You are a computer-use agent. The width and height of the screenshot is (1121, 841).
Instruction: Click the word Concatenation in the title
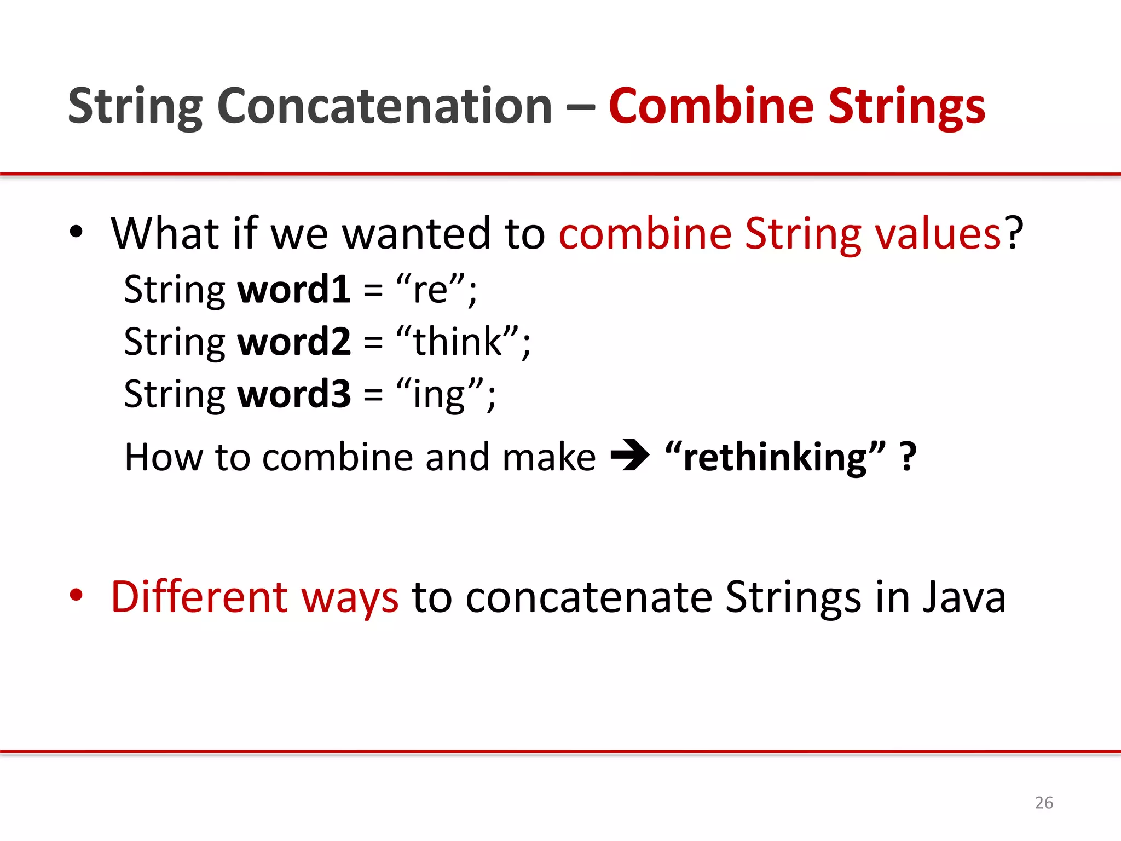pos(384,106)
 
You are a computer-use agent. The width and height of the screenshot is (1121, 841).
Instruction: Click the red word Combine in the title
pos(711,106)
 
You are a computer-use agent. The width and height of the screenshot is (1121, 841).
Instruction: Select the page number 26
pos(1044,803)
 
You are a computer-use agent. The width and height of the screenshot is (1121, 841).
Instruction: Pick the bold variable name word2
pos(294,341)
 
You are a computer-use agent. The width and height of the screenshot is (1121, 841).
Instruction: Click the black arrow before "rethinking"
pos(629,456)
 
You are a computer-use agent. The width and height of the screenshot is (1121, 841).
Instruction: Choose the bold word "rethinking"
pos(775,457)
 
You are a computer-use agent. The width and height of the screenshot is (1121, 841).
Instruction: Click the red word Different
pos(199,597)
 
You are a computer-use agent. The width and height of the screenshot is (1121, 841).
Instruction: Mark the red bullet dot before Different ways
pos(76,595)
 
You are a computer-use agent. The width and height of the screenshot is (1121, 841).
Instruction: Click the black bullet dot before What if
pos(76,232)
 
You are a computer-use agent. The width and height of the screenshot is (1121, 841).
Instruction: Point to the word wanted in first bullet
pos(416,233)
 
